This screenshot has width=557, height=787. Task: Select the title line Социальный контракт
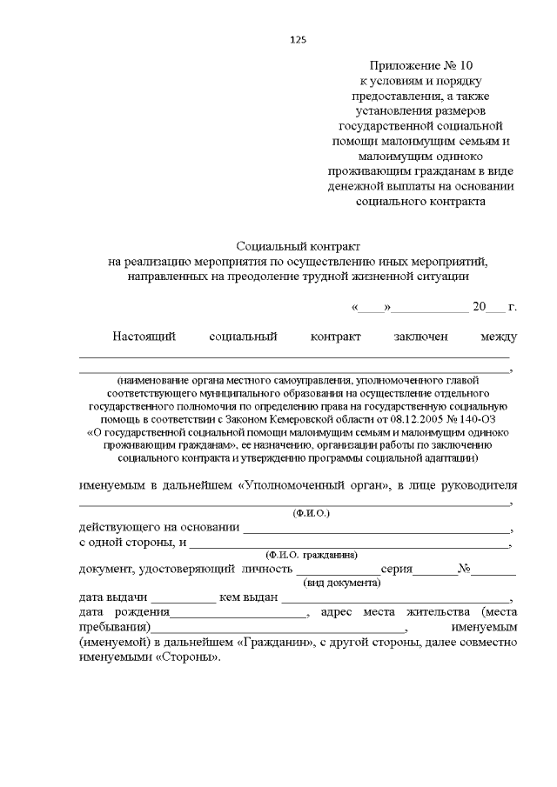[298, 247]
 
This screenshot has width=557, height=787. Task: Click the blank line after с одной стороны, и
[349, 544]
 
